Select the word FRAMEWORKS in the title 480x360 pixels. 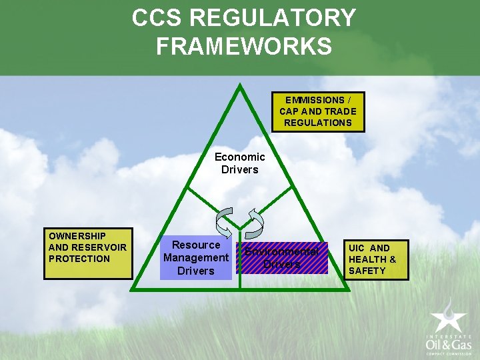tap(243, 47)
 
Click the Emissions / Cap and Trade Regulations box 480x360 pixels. tap(318, 111)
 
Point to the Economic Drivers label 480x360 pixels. tap(239, 163)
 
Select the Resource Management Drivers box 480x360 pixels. tap(196, 258)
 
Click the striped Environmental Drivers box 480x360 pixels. tap(281, 258)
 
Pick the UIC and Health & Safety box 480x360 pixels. tap(377, 259)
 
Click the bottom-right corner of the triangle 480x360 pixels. tap(347, 289)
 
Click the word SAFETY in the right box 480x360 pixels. tap(367, 271)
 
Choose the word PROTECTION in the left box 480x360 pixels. tap(79, 259)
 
